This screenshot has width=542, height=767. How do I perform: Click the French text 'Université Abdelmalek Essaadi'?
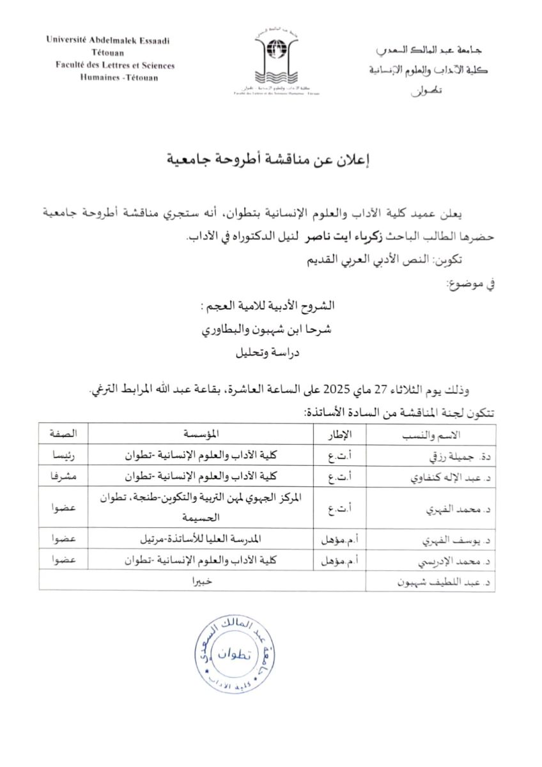[x=107, y=40]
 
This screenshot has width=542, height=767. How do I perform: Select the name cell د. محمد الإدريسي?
[x=447, y=561]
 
